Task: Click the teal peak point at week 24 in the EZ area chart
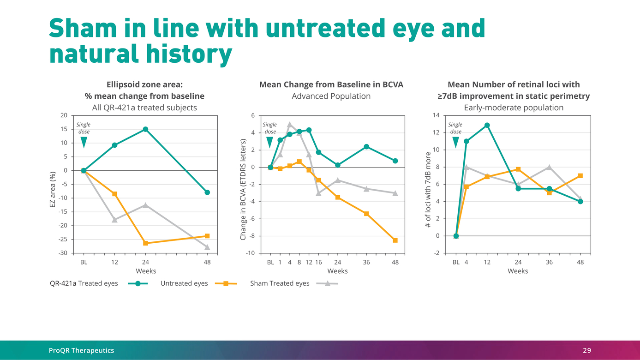coord(145,129)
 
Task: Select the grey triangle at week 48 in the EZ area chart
coord(207,247)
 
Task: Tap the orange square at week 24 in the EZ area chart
coord(145,243)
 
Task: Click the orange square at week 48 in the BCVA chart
coord(395,240)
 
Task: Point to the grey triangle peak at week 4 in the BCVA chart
coord(290,125)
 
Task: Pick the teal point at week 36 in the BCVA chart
coord(366,147)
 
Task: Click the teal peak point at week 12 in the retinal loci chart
coord(487,125)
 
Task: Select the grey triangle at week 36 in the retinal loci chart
coord(549,168)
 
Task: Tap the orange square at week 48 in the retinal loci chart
coord(580,176)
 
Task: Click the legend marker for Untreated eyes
coord(226,283)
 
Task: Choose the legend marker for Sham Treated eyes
coord(328,283)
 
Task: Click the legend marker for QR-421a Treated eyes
coord(138,283)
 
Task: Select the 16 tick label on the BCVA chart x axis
coord(318,262)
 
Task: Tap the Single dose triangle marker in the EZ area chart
coord(84,143)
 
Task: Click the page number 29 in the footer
coord(586,351)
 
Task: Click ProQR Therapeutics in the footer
coord(81,351)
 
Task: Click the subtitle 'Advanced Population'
coord(331,96)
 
